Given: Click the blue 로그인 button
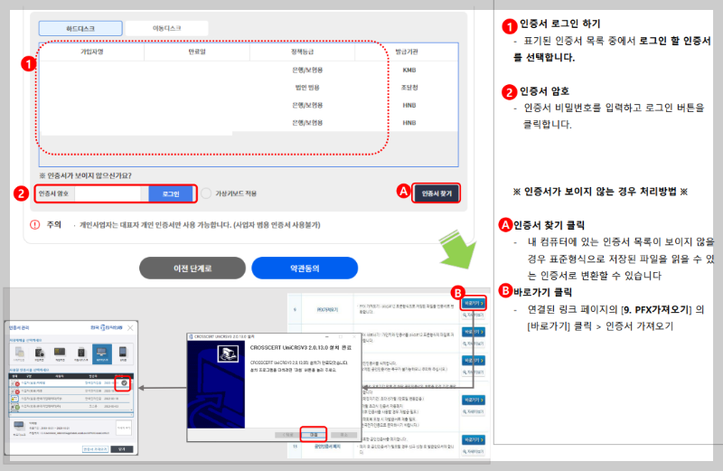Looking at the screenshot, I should [171, 193].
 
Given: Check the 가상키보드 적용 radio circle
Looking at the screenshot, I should [206, 193].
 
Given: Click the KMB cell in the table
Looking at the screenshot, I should [409, 70].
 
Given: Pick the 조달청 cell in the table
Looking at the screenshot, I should [409, 87].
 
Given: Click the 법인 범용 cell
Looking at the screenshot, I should [307, 87].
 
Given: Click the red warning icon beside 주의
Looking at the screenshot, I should [34, 224].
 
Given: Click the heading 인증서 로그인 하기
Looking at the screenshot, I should [559, 24].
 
